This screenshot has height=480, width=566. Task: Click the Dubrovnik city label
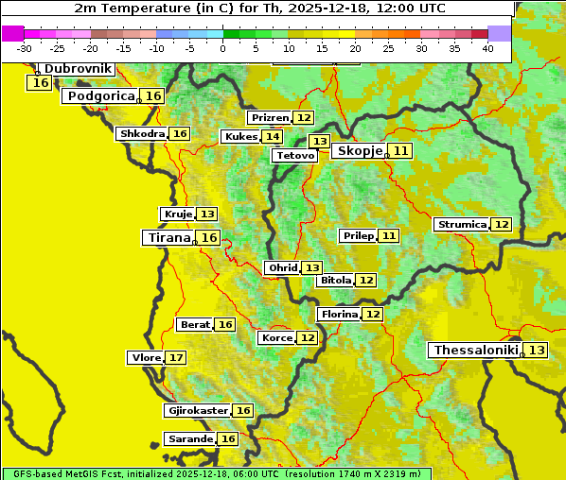click(77, 69)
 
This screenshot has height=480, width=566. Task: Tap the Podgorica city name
click(99, 96)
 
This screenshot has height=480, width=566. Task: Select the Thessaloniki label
click(475, 351)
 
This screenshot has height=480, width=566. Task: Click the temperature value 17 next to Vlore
click(176, 358)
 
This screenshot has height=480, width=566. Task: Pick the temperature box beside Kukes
click(273, 137)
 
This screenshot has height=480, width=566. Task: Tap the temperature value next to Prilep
click(388, 235)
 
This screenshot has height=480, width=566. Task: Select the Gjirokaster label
click(197, 411)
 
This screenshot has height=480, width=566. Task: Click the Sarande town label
click(189, 439)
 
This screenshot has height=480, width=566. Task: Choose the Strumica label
click(462, 225)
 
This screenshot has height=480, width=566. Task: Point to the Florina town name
click(339, 314)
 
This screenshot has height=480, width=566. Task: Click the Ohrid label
click(282, 268)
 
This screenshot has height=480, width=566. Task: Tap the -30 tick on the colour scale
click(25, 48)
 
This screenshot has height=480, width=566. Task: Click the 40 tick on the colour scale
click(487, 48)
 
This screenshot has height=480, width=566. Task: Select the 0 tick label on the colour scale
click(222, 48)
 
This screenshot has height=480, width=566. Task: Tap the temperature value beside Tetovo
click(319, 142)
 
